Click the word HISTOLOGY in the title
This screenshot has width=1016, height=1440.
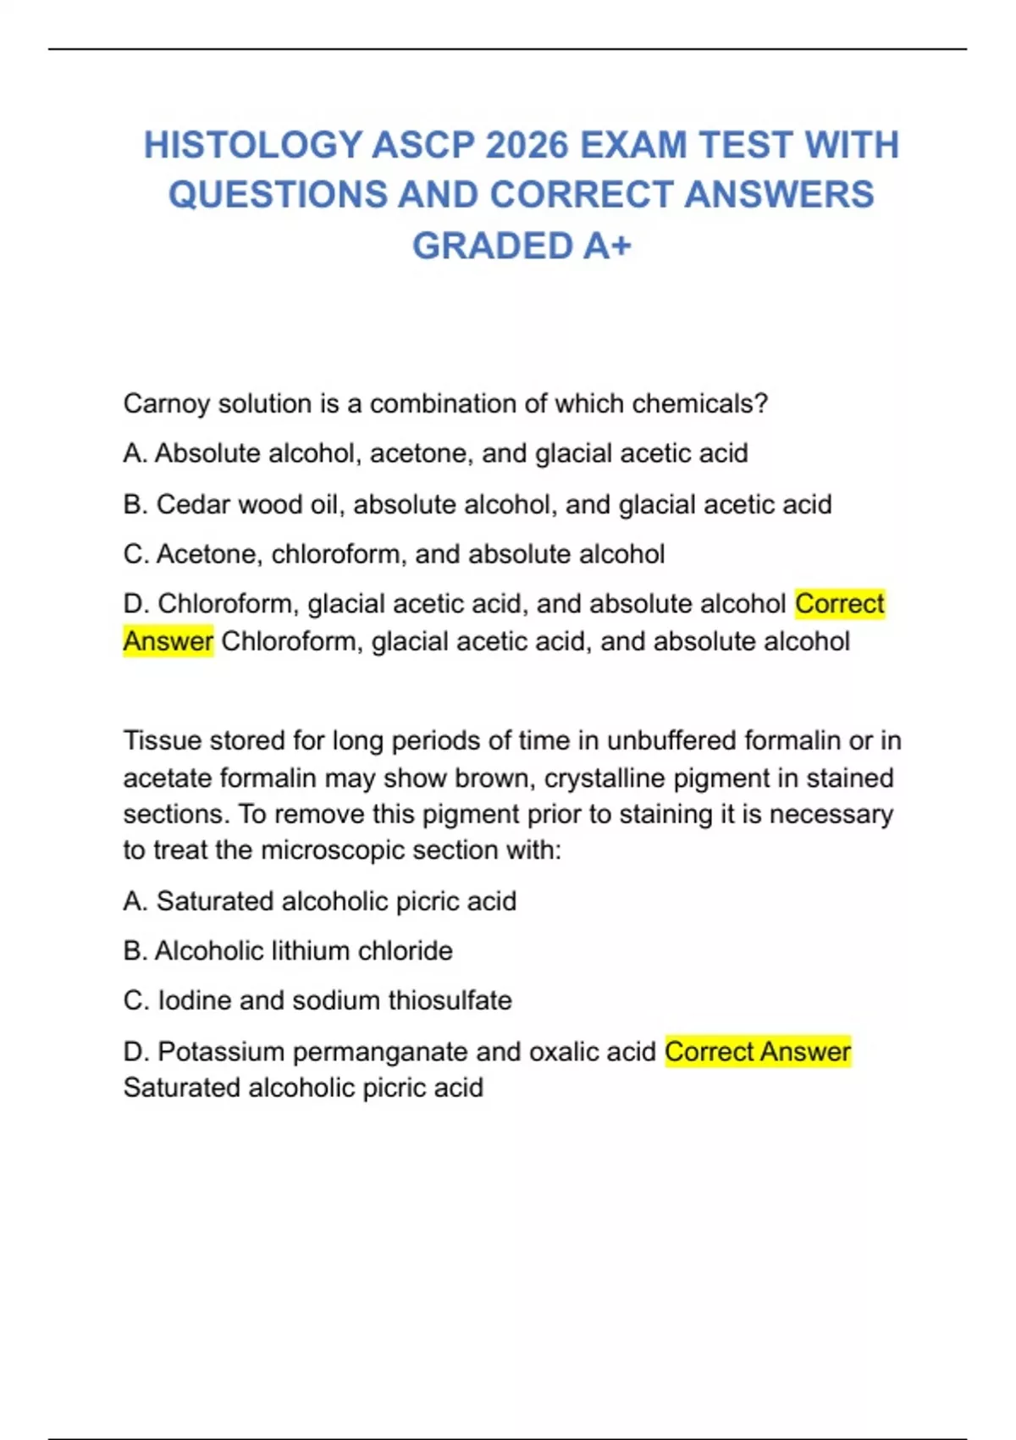[x=252, y=145]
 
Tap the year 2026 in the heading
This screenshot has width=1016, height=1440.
[x=527, y=145]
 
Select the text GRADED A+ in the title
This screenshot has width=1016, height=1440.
[x=522, y=246]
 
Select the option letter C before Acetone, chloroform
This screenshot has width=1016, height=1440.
[x=135, y=554]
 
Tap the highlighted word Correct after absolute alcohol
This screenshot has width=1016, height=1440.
[x=839, y=603]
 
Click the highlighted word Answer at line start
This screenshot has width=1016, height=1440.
[x=168, y=641]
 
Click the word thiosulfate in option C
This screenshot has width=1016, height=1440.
[x=450, y=1000]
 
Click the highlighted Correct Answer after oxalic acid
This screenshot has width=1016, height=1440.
[x=757, y=1051]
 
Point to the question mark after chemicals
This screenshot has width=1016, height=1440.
[x=761, y=404]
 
